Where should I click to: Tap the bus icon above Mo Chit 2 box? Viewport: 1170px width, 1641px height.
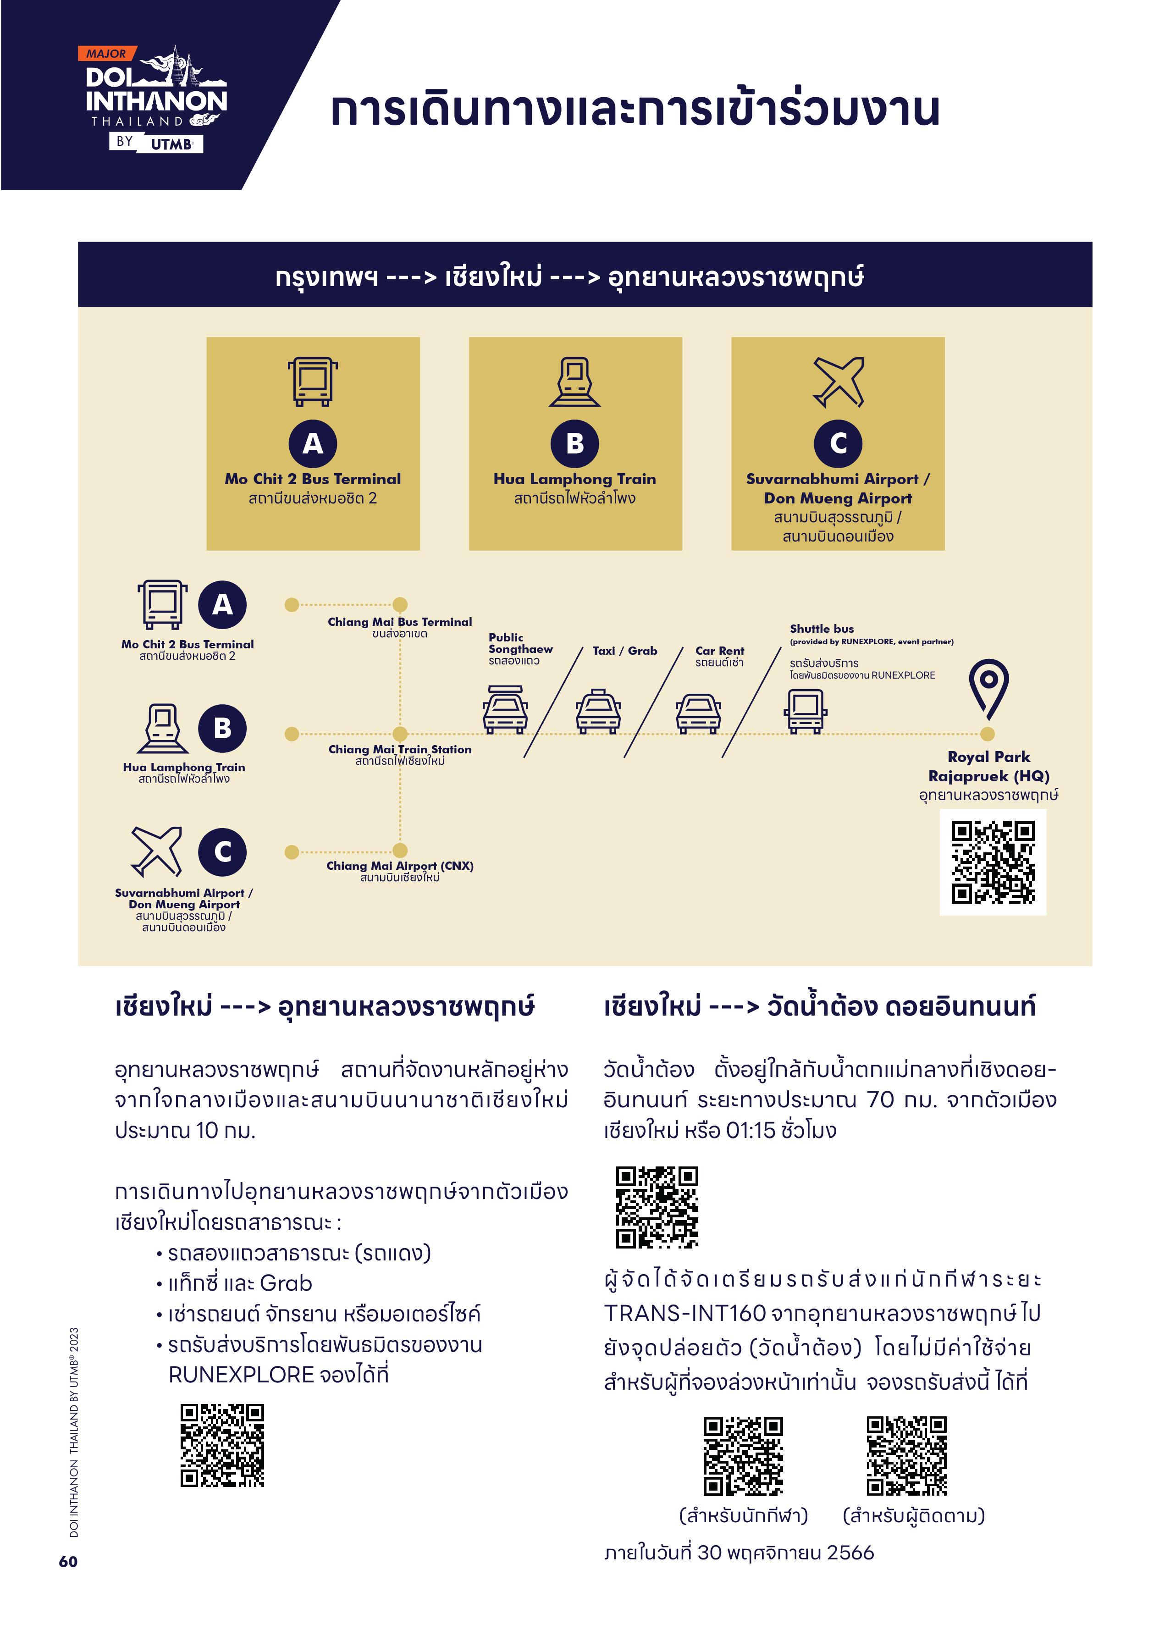coord(313,382)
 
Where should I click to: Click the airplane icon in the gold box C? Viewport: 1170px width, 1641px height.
coord(838,382)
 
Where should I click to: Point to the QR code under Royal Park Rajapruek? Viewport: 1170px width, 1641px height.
coord(993,862)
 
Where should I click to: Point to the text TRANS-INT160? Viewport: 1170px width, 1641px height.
coord(684,1313)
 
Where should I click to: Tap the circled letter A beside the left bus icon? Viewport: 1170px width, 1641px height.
coord(223,604)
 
